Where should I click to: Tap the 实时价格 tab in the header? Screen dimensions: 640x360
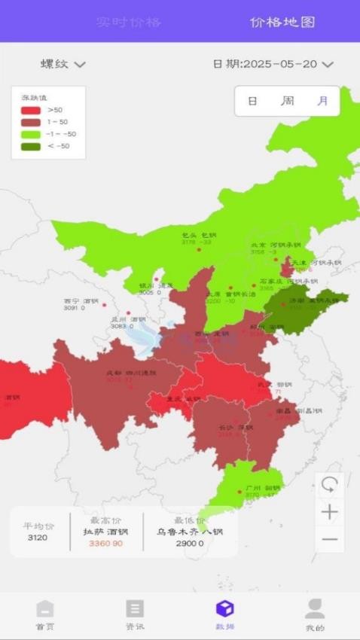tap(128, 22)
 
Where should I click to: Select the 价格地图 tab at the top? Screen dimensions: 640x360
tap(282, 22)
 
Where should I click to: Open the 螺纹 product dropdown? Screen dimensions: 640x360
tap(63, 64)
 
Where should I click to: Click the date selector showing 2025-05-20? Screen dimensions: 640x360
tap(273, 64)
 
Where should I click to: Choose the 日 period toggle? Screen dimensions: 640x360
tap(252, 101)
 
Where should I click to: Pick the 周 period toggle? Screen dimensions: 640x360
tap(288, 101)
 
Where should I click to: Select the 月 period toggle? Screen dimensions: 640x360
tap(322, 101)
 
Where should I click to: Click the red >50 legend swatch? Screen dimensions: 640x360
tap(31, 110)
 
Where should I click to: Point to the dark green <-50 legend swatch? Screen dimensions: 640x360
tap(31, 146)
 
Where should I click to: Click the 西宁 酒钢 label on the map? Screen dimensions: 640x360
tap(81, 300)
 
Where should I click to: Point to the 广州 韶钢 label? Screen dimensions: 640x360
tap(258, 489)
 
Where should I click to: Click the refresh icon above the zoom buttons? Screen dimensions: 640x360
tap(329, 484)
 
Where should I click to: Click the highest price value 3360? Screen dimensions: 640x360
tap(105, 544)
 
